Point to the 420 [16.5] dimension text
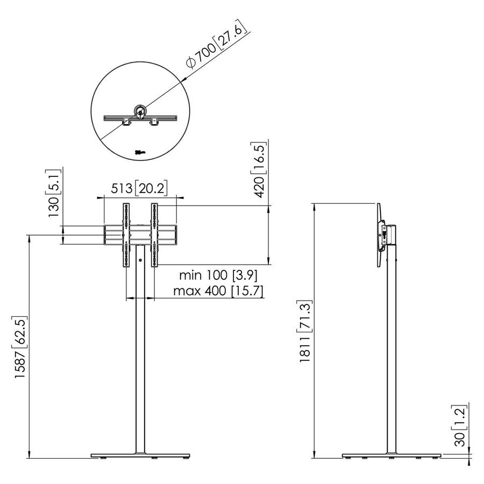click(x=260, y=169)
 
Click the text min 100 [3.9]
click(x=218, y=275)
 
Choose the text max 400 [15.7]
click(x=218, y=291)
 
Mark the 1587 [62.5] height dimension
click(x=20, y=347)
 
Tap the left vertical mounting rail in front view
click(x=127, y=234)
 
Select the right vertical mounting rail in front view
click(x=154, y=234)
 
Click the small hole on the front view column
click(x=140, y=261)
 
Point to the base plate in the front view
click(x=140, y=456)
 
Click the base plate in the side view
click(x=392, y=456)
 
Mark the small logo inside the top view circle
click(x=140, y=152)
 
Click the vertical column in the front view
click(x=140, y=350)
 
